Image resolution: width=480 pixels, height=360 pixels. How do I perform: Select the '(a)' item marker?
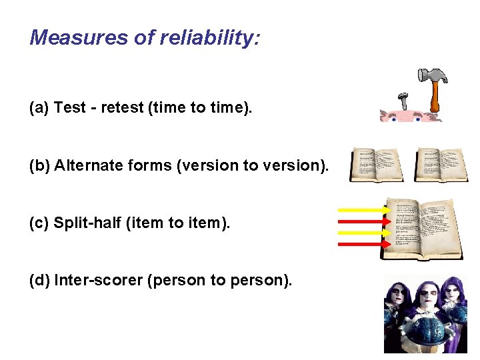click(x=39, y=108)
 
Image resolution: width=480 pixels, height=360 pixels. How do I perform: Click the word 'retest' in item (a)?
click(x=117, y=108)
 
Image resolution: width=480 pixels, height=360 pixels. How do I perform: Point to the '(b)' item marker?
click(x=39, y=165)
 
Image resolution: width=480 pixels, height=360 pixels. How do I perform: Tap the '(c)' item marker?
click(x=39, y=223)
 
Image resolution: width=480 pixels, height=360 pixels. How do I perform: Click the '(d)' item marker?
click(x=39, y=280)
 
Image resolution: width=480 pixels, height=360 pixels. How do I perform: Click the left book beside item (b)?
click(x=377, y=165)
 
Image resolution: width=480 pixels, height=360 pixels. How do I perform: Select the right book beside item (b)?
click(x=441, y=165)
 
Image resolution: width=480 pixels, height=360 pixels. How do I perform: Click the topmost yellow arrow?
click(x=364, y=210)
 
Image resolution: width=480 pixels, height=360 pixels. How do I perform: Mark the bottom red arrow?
click(x=364, y=244)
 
